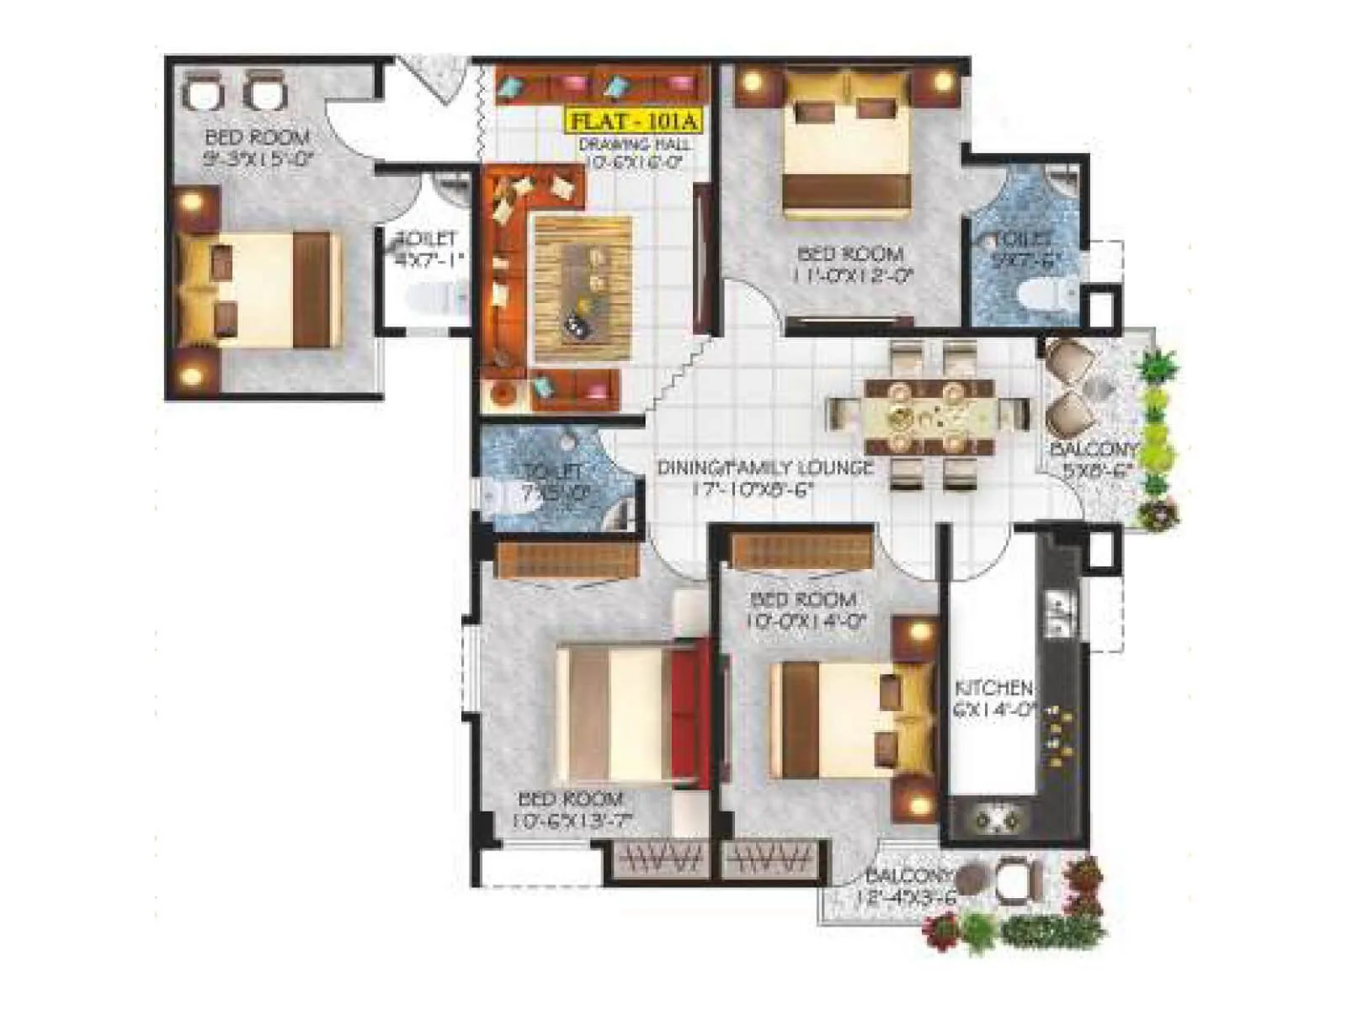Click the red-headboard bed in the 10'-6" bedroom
631,715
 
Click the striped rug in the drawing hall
583,289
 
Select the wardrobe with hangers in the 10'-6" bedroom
660,859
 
